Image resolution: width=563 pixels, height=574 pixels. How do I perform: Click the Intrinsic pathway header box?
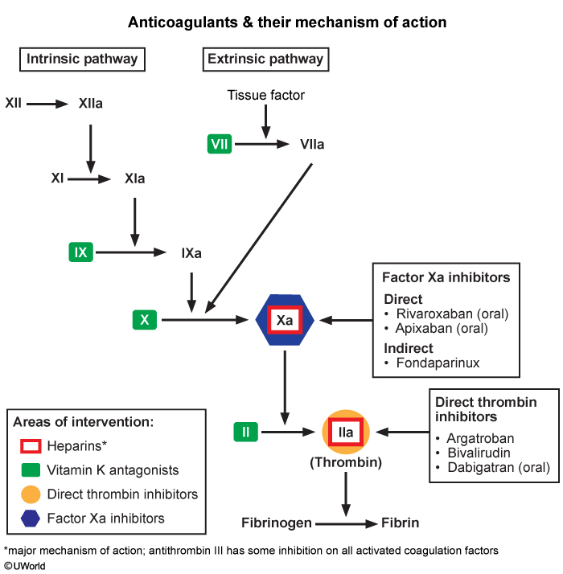pyautogui.click(x=82, y=59)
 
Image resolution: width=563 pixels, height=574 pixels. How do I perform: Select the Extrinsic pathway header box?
pyautogui.click(x=265, y=59)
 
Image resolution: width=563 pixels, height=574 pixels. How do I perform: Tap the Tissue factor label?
pyautogui.click(x=265, y=96)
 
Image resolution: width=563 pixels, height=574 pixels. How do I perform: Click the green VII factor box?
pyautogui.click(x=219, y=145)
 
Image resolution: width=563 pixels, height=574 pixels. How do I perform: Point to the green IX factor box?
pyautogui.click(x=80, y=253)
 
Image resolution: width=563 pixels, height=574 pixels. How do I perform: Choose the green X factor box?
pyautogui.click(x=145, y=320)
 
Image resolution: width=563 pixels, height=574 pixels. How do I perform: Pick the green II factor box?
pyautogui.click(x=245, y=432)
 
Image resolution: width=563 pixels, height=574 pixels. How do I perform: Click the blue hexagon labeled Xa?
pyautogui.click(x=285, y=320)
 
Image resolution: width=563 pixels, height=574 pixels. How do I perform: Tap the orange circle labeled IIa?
pyautogui.click(x=346, y=433)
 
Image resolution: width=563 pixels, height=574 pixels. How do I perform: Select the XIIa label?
pyautogui.click(x=90, y=104)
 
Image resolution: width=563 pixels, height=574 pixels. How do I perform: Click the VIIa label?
pyautogui.click(x=312, y=145)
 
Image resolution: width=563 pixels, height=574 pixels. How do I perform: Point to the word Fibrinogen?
pyautogui.click(x=277, y=523)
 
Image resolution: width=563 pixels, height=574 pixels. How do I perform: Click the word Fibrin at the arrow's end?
pyautogui.click(x=401, y=523)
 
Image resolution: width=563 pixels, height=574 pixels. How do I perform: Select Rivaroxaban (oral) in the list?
pyautogui.click(x=450, y=314)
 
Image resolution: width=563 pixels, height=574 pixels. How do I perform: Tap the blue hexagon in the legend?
pyautogui.click(x=31, y=519)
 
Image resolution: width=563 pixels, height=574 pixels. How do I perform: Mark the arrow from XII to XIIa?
pyautogui.click(x=48, y=104)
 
